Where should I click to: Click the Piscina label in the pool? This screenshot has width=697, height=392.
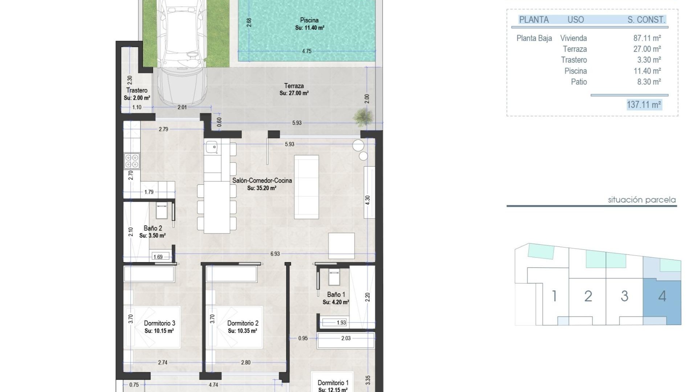(x=309, y=20)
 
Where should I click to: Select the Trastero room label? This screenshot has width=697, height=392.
(x=137, y=90)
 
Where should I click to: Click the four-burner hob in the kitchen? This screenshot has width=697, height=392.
(x=132, y=161)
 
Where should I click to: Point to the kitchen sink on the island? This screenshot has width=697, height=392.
(x=212, y=147)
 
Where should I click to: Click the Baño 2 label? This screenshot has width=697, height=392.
(x=153, y=228)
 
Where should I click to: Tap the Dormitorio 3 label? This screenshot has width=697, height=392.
(x=159, y=323)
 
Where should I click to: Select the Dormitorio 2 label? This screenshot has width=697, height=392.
(x=242, y=323)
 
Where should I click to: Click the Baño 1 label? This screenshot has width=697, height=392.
(x=336, y=295)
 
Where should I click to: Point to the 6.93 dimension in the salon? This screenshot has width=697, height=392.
(x=275, y=254)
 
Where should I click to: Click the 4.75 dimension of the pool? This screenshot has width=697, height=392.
(x=306, y=51)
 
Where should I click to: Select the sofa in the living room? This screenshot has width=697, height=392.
(x=306, y=187)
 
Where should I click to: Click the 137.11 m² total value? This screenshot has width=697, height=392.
(x=644, y=105)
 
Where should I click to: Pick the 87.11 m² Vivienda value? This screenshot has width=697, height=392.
(x=647, y=38)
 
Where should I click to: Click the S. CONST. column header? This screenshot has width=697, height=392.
(x=646, y=20)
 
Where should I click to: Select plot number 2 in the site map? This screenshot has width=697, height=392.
(x=588, y=297)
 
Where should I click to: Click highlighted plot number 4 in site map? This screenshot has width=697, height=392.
(x=662, y=297)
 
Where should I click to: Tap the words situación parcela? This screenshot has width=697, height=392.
(x=641, y=200)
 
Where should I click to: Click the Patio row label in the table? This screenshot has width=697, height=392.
(x=579, y=82)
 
